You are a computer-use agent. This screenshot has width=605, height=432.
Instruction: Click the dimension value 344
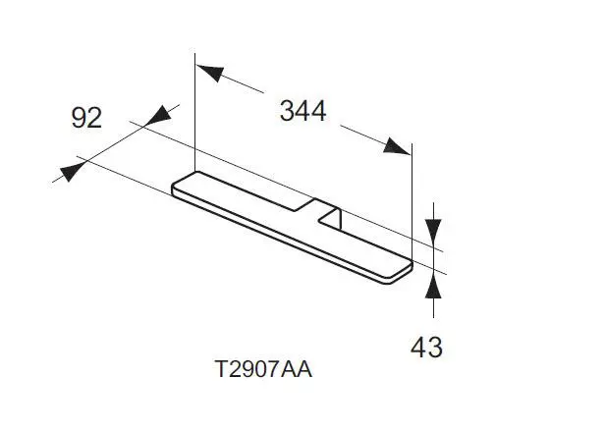302,111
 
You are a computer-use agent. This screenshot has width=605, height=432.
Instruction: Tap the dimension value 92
87,119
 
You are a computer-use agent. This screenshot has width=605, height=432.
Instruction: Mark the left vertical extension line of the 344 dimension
195,118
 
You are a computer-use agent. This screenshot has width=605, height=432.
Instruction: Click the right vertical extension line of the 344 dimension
412,196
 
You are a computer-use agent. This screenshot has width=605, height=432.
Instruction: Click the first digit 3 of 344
288,111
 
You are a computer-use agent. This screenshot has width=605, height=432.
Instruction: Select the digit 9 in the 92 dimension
81,119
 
